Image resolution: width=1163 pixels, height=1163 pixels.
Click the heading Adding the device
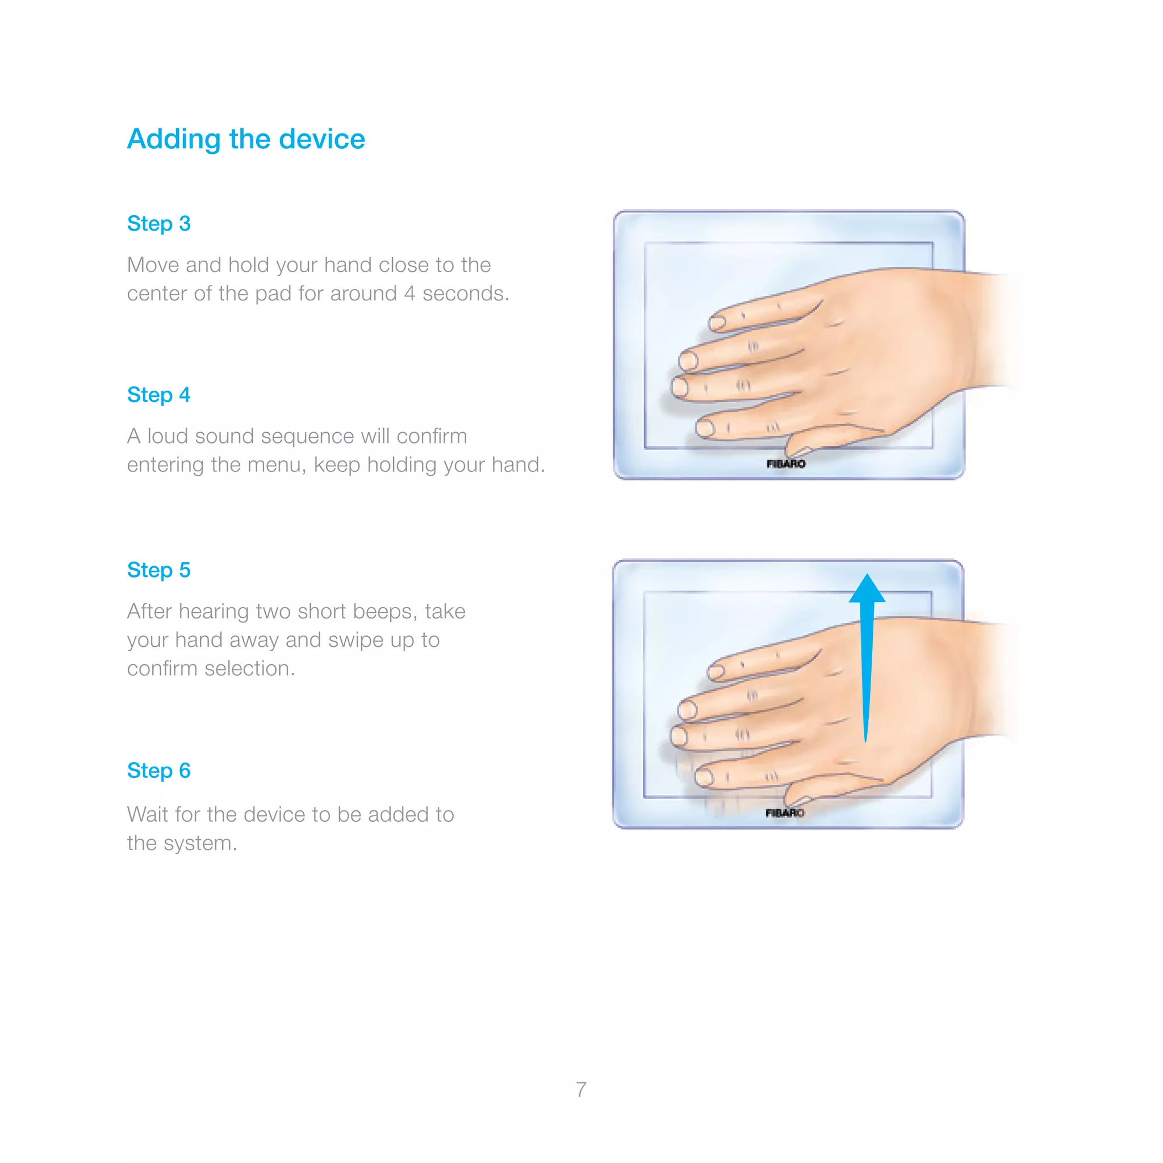(245, 139)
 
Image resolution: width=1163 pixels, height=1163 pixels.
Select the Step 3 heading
(158, 223)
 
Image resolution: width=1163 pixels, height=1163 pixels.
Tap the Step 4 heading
(158, 395)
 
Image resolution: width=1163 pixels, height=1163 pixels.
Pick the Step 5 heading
(158, 570)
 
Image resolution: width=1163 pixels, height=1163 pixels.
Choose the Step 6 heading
(158, 771)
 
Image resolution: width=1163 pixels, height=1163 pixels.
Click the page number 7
(581, 1090)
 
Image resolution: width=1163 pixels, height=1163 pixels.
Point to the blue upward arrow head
(866, 589)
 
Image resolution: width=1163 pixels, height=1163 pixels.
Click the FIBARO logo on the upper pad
(785, 463)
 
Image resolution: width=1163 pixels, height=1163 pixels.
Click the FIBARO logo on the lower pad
(784, 813)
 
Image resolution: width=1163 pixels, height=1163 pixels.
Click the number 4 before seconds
(409, 294)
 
